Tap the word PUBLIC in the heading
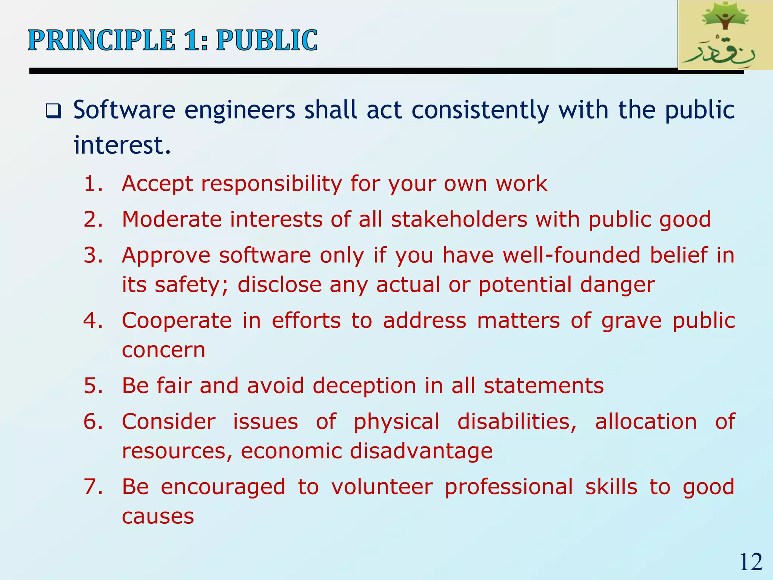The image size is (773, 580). pyautogui.click(x=266, y=40)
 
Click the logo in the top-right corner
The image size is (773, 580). pyautogui.click(x=725, y=35)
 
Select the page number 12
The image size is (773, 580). pyautogui.click(x=751, y=562)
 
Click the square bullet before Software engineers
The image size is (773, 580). pyautogui.click(x=53, y=111)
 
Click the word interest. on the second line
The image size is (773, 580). pyautogui.click(x=122, y=145)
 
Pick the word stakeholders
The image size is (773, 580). pyautogui.click(x=459, y=219)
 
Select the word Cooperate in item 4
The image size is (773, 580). pyautogui.click(x=177, y=321)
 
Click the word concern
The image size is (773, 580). pyautogui.click(x=163, y=350)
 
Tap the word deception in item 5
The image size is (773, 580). pyautogui.click(x=364, y=386)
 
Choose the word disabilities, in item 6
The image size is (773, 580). pyautogui.click(x=517, y=422)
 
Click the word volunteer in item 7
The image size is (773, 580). pyautogui.click(x=382, y=487)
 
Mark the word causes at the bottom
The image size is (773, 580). pyautogui.click(x=158, y=516)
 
